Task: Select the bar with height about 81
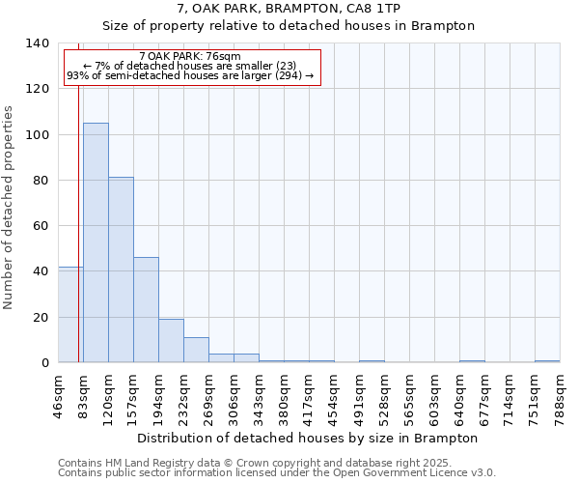[121, 270]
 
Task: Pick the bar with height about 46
[146, 309]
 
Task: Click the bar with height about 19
[171, 340]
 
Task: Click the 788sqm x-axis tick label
[561, 394]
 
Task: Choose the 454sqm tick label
[335, 394]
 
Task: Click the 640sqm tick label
[460, 394]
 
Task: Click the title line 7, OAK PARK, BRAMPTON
[289, 9]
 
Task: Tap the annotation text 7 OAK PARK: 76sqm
[190, 57]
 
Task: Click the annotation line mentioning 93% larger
[190, 75]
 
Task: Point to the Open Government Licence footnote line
[277, 472]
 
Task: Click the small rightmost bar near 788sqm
[547, 361]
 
